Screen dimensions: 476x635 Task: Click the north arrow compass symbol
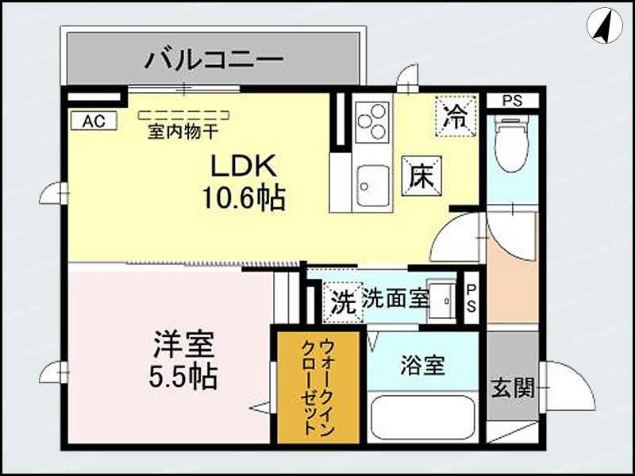point(604,25)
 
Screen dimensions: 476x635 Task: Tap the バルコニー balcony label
point(214,59)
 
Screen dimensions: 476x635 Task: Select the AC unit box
point(94,121)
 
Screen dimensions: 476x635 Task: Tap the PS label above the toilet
point(512,101)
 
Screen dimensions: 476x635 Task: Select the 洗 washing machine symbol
point(342,302)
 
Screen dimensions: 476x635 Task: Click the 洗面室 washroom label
point(396,299)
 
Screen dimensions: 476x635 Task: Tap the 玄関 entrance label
point(512,388)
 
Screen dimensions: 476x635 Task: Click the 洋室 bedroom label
point(183,346)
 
